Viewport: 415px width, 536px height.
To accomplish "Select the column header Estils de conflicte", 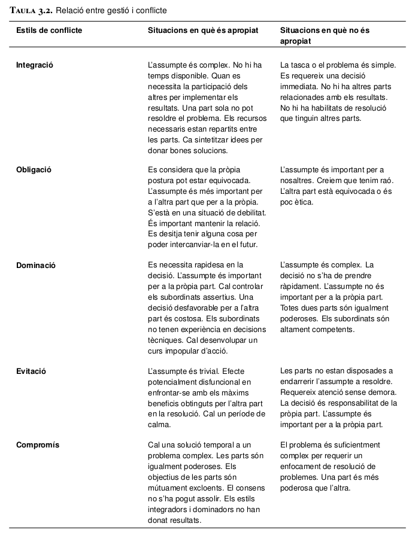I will tap(49, 31).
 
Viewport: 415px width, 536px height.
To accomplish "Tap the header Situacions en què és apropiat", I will tap(203, 31).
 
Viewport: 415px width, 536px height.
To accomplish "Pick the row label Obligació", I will tap(34, 169).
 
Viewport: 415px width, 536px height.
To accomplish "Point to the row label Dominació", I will tap(35, 264).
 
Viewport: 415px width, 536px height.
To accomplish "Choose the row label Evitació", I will tap(31, 371).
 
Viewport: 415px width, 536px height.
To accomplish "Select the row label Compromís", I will tap(37, 445).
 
